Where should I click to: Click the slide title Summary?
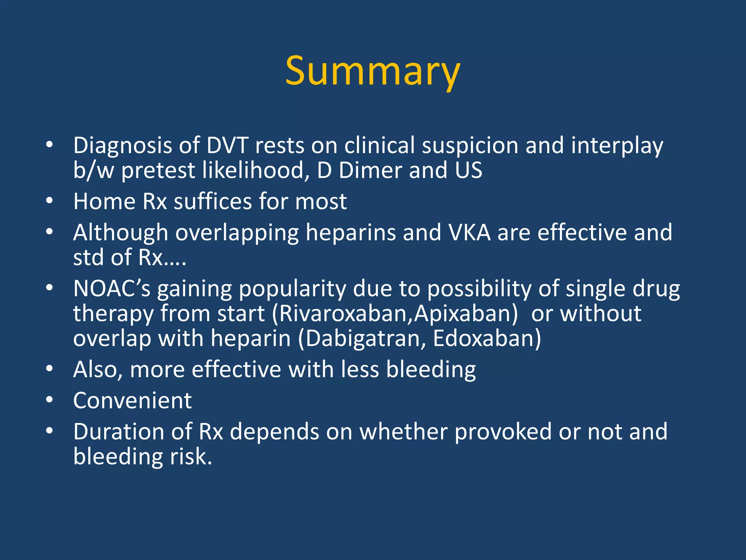coord(373,71)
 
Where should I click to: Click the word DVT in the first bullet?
coord(227,145)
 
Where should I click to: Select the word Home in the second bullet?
coord(104,201)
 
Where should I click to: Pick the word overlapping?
coord(237,233)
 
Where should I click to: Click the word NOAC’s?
coord(111,289)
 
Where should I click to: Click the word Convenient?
coord(132,401)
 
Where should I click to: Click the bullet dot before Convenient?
coord(50,400)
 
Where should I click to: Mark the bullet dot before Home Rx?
coord(50,201)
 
